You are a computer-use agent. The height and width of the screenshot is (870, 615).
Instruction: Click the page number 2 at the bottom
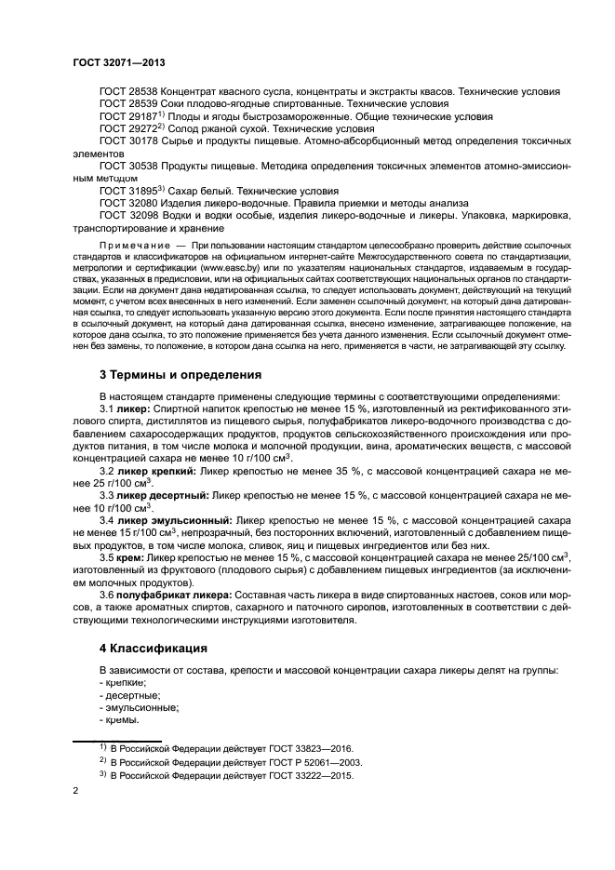[75, 791]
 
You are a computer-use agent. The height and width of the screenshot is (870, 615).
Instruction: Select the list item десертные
[125, 695]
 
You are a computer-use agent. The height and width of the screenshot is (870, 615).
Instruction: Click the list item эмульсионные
[129, 707]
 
